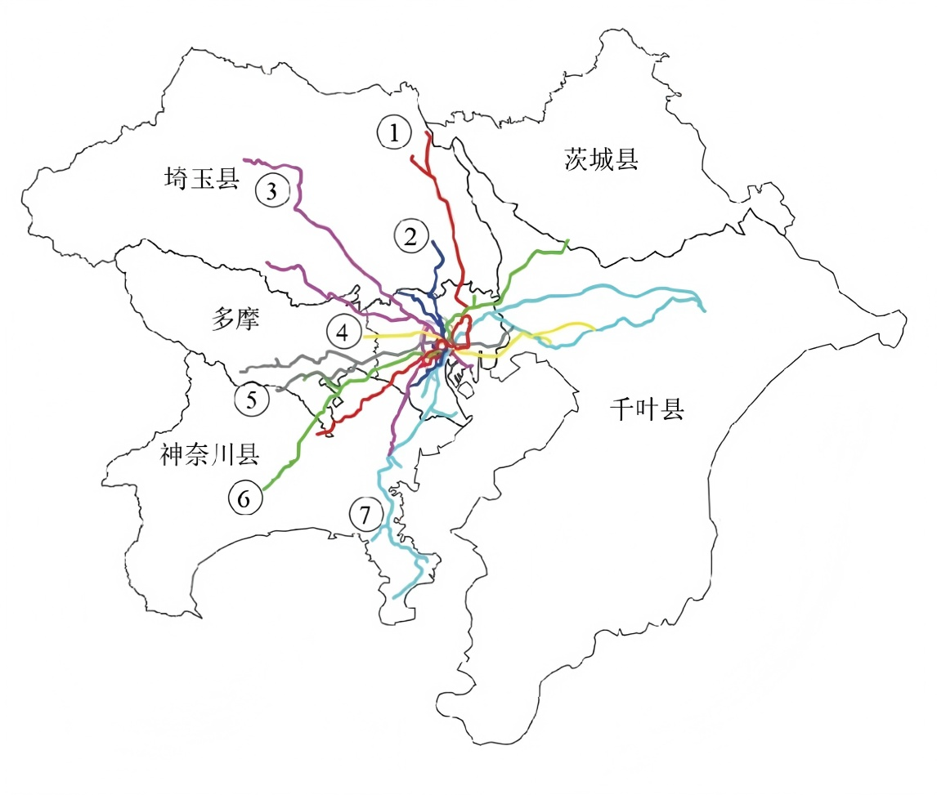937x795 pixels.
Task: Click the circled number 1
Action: tap(395, 132)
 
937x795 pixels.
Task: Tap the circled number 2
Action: tap(410, 236)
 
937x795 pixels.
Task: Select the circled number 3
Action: tap(272, 191)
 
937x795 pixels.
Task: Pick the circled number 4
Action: tap(342, 333)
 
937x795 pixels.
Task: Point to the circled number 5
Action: tap(251, 400)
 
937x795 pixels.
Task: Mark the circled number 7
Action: tap(365, 516)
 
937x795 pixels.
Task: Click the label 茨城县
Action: tap(601, 159)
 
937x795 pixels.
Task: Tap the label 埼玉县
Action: tap(201, 177)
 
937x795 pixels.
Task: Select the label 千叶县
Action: tap(646, 409)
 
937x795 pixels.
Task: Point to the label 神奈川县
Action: tap(210, 454)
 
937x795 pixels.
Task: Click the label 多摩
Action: tap(235, 320)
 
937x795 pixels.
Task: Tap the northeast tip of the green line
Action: tap(567, 241)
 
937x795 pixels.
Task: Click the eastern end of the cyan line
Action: tap(705, 310)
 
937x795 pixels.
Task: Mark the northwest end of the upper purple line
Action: tap(245, 159)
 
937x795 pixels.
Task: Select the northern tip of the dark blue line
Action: tap(433, 242)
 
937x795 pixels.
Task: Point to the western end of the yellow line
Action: tap(365, 336)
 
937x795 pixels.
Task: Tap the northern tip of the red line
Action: tap(427, 131)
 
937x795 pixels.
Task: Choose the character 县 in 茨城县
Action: tap(625, 159)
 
